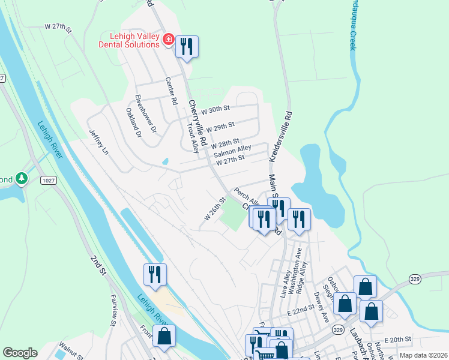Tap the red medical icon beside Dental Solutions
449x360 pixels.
(x=169, y=40)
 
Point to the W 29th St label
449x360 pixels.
(x=219, y=127)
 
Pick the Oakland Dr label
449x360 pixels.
(x=133, y=122)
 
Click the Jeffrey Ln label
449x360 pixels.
(x=100, y=140)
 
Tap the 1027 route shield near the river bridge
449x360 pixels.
(x=49, y=179)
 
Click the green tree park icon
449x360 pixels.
(x=22, y=178)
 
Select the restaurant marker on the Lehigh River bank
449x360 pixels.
(x=155, y=275)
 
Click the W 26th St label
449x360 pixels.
(x=214, y=209)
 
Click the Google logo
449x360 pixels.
(x=20, y=353)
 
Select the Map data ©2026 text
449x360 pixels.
(x=423, y=355)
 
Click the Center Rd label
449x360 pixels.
(x=172, y=91)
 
